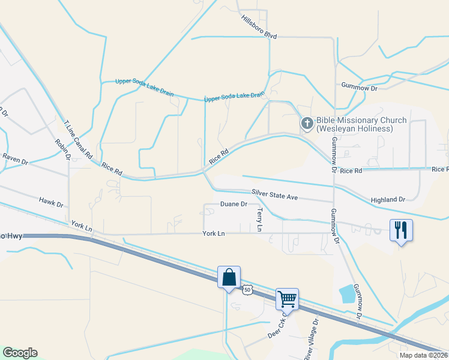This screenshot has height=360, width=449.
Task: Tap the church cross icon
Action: pyautogui.click(x=307, y=124)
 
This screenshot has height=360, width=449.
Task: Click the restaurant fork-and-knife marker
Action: pyautogui.click(x=401, y=230)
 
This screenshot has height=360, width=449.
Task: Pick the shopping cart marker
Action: pyautogui.click(x=287, y=298)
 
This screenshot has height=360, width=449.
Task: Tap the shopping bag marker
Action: pyautogui.click(x=229, y=277)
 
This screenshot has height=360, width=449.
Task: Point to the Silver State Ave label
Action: pyautogui.click(x=275, y=195)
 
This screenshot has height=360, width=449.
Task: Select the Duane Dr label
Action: pyautogui.click(x=234, y=205)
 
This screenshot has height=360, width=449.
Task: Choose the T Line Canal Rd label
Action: pyautogui.click(x=78, y=139)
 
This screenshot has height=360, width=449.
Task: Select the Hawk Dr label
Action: pyautogui.click(x=51, y=202)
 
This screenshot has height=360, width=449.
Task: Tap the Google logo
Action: pyautogui.click(x=20, y=353)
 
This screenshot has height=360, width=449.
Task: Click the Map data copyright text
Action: pyautogui.click(x=424, y=355)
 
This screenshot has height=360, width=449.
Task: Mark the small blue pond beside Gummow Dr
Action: pyautogui.click(x=347, y=294)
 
